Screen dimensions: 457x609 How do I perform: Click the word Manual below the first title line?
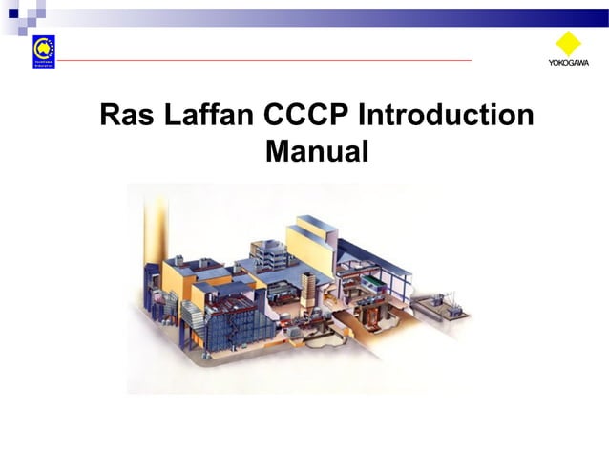316,150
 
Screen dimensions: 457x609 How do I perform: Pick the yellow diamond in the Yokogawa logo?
568,45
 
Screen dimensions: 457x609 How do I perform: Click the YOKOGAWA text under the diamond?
568,64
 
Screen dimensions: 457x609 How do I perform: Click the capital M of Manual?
278,150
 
